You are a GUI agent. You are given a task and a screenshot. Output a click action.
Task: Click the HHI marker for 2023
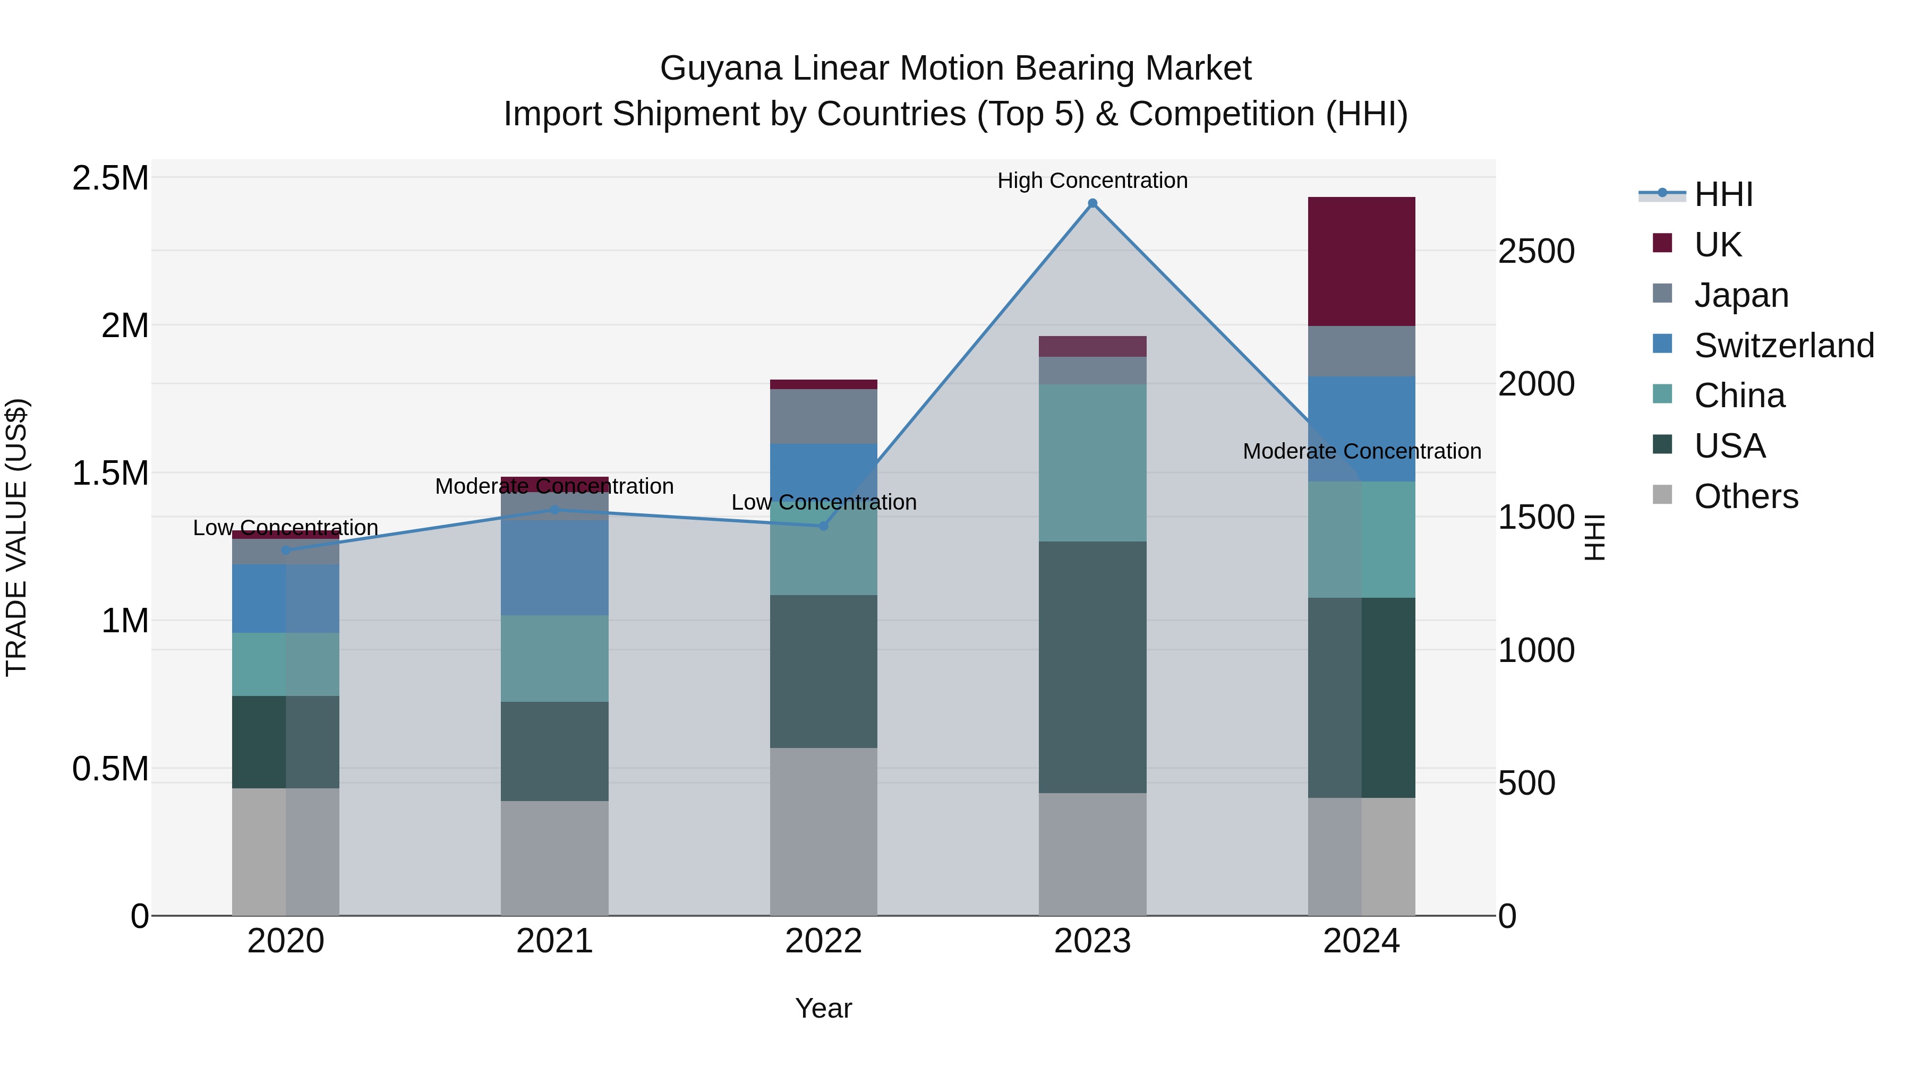coord(1092,203)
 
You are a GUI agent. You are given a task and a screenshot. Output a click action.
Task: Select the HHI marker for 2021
coord(554,510)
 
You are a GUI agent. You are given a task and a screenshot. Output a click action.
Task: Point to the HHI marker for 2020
coord(286,551)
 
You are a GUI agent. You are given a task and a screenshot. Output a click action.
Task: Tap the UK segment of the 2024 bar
coord(1361,261)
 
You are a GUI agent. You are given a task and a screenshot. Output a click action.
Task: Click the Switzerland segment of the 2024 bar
coord(1361,429)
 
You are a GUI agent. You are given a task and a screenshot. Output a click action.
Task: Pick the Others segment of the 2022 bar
coord(823,831)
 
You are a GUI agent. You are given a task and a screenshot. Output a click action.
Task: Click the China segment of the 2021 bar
coord(554,658)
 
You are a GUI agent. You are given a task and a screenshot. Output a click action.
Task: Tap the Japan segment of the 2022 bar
coord(823,416)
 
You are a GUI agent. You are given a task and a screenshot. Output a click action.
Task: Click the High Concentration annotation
coord(1092,180)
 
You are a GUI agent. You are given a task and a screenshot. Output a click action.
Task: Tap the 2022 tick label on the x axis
coord(823,941)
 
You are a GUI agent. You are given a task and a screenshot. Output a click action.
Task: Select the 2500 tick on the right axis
coord(1535,252)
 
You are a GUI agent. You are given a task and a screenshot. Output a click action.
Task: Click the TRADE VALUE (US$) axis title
coord(16,537)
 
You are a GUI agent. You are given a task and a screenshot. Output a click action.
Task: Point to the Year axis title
coord(823,1008)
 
